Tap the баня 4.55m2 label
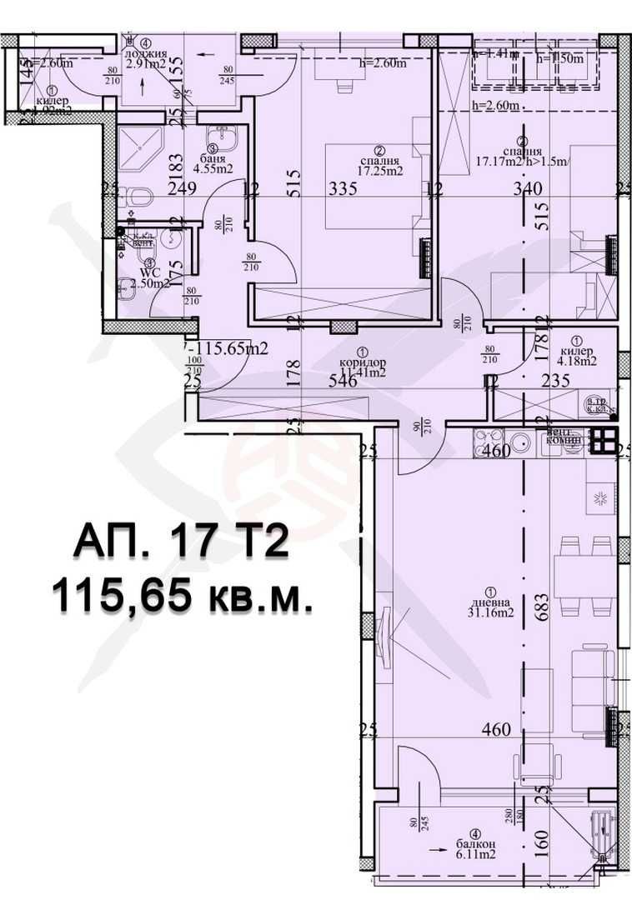(213, 162)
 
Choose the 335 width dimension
(343, 188)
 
